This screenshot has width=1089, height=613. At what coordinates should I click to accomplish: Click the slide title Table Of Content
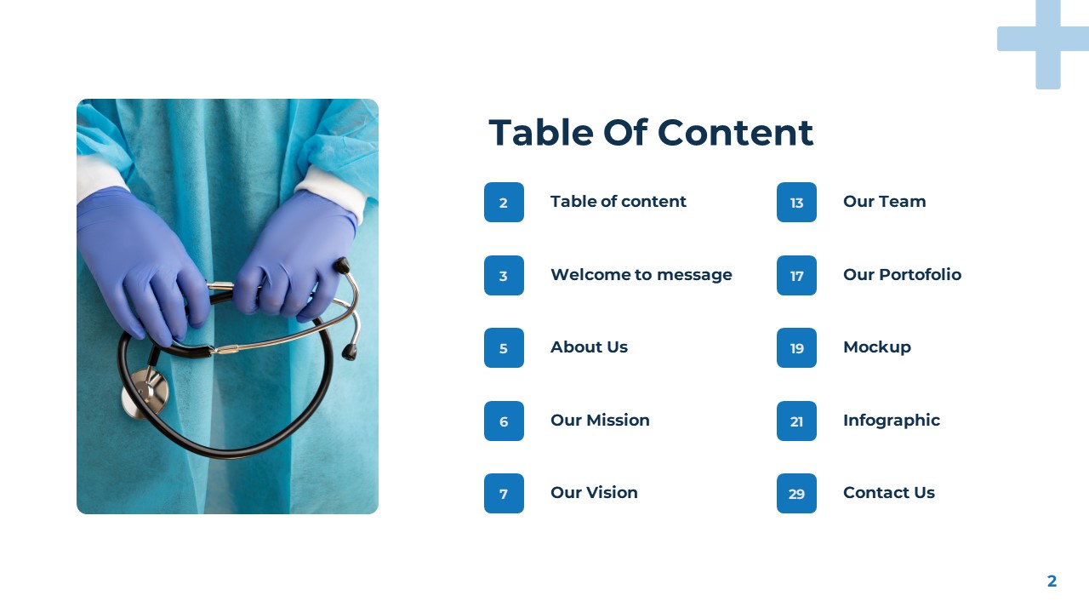coord(651,133)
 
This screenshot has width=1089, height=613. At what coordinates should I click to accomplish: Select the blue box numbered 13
coord(796,203)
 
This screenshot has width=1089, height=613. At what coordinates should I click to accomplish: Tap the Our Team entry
coord(884,202)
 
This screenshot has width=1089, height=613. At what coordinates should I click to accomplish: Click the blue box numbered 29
coord(796,494)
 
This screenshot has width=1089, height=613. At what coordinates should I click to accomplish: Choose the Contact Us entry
coord(888,493)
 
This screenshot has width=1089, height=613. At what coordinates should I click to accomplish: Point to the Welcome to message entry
coord(641,275)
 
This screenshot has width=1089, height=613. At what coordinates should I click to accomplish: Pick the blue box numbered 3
coord(504,276)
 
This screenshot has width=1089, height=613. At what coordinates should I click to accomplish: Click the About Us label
coord(589,347)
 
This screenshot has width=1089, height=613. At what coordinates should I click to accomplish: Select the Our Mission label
coord(600,421)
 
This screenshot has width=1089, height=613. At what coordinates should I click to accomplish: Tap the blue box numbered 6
coord(504,421)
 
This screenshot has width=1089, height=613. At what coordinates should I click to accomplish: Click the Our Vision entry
coord(594,493)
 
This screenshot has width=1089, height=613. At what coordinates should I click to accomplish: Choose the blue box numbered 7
coord(504,494)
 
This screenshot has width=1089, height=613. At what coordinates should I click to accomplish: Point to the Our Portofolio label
coord(902,275)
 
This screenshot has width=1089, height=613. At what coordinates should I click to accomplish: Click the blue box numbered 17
coord(796,276)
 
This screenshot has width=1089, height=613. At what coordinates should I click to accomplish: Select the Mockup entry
coord(876,347)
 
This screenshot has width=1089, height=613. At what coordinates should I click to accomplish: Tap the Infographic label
coord(891,421)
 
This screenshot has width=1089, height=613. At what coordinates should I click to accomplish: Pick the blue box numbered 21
coord(796,421)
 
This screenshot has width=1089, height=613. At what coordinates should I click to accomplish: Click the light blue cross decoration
coord(1047,40)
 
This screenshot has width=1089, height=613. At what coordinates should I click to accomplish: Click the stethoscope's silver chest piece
coord(145,392)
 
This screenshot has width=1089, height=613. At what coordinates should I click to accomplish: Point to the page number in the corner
coord(1052,581)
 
